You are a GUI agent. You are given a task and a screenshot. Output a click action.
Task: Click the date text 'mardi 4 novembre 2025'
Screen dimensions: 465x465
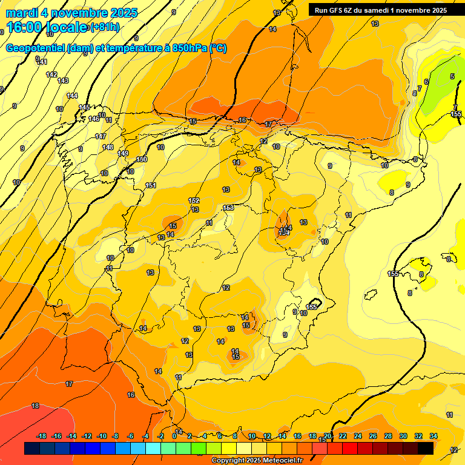(x=72, y=13)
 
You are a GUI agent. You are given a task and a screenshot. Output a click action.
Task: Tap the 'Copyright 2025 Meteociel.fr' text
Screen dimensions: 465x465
(x=257, y=461)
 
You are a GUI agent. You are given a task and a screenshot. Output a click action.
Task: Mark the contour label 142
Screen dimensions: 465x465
(x=51, y=74)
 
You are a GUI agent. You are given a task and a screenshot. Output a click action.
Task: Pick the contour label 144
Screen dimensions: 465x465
(x=72, y=96)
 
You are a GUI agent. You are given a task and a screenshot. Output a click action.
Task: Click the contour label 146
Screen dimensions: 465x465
(x=94, y=119)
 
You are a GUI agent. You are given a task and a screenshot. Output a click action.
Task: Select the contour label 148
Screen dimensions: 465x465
(x=108, y=147)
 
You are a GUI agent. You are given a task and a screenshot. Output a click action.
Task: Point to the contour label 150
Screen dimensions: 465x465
(x=142, y=159)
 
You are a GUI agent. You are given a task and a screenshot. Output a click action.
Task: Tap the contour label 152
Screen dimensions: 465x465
(x=194, y=200)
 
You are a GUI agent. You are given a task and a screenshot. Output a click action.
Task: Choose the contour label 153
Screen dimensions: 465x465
(x=228, y=208)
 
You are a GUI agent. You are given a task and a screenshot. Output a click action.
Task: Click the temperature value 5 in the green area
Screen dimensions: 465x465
(x=452, y=76)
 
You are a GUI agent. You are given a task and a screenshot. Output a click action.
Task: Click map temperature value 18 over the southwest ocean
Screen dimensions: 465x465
(x=35, y=406)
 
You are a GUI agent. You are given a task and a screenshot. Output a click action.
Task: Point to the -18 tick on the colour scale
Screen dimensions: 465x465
(x=42, y=436)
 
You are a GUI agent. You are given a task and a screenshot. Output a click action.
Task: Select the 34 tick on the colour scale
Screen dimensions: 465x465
(x=434, y=436)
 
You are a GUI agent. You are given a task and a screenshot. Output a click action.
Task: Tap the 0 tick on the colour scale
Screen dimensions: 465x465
(x=174, y=436)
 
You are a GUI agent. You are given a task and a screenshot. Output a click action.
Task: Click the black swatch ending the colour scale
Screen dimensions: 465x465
(x=426, y=448)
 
